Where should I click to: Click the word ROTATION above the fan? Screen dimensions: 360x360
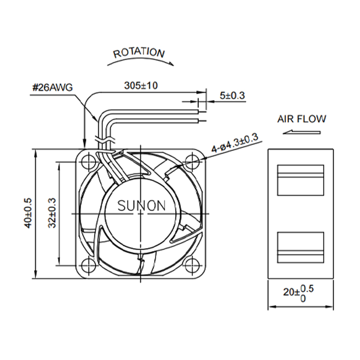(139, 53)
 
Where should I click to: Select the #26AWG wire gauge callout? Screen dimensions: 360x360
(53, 87)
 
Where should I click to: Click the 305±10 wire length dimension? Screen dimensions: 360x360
(141, 85)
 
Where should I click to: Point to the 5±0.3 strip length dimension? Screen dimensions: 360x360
(232, 96)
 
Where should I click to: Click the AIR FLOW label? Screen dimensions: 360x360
(302, 119)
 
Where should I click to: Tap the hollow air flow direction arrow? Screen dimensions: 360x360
(301, 132)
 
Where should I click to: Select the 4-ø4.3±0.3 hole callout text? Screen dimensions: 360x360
(235, 143)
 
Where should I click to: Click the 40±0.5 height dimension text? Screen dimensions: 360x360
(28, 213)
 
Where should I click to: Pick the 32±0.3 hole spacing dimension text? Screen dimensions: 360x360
(52, 213)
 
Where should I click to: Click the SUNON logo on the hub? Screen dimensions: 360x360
(142, 206)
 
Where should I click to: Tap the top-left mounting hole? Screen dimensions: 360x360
(88, 162)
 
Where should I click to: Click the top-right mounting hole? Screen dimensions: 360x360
(192, 162)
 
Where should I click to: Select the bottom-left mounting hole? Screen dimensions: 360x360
(88, 265)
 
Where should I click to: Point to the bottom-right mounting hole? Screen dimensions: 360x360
(192, 265)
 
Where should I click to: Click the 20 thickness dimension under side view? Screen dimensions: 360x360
(298, 293)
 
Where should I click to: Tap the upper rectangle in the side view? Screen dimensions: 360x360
(301, 180)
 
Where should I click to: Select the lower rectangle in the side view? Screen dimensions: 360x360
(301, 248)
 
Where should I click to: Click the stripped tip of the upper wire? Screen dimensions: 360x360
(202, 112)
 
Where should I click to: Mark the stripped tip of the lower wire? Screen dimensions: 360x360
(202, 121)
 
